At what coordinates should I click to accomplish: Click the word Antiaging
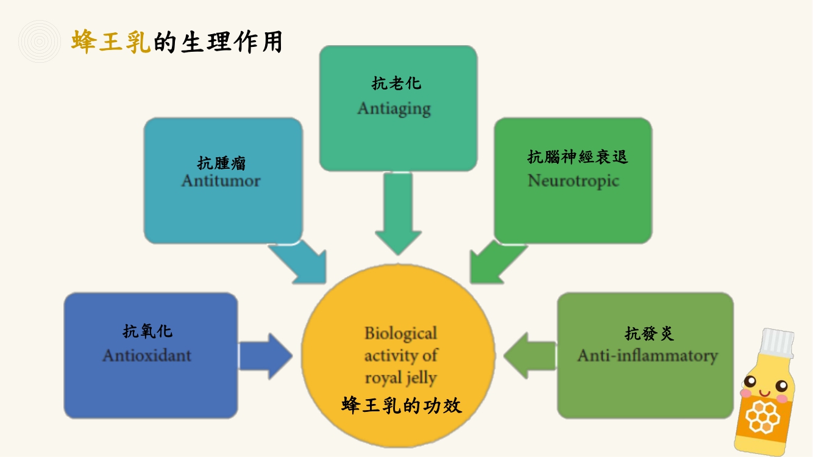394,109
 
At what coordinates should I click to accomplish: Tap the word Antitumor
221,181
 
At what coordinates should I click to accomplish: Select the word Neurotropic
573,181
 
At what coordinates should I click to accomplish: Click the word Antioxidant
147,355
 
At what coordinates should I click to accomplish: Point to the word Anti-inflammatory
648,356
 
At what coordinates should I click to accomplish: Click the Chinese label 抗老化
396,83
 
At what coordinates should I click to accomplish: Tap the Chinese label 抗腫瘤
221,163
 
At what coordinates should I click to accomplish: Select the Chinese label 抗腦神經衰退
577,157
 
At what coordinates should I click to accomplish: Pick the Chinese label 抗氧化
147,331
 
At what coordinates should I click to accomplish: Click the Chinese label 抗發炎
649,333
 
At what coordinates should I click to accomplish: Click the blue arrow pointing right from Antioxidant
266,356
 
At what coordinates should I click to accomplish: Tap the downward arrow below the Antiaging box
398,213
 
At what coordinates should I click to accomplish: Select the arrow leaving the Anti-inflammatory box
530,356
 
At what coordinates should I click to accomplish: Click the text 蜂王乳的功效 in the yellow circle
402,405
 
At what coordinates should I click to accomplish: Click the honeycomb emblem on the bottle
762,417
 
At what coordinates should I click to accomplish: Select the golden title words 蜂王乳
111,42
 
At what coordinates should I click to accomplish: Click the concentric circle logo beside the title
40,41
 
